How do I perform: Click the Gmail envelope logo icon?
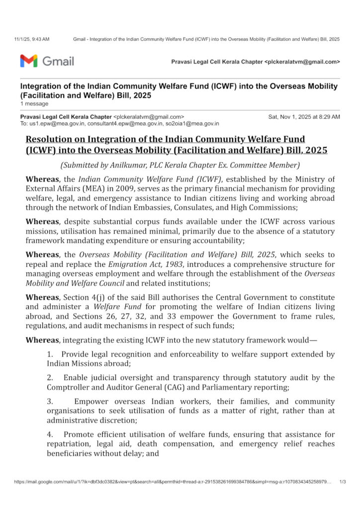point(28,61)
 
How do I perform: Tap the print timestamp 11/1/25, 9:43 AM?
point(32,39)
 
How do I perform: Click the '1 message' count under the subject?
point(34,104)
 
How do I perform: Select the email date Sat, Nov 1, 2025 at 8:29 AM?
point(304,117)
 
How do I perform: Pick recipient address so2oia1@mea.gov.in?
point(195,123)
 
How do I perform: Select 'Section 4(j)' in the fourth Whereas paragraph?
point(82,297)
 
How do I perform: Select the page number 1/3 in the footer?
point(343,496)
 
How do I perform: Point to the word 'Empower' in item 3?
point(91,401)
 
